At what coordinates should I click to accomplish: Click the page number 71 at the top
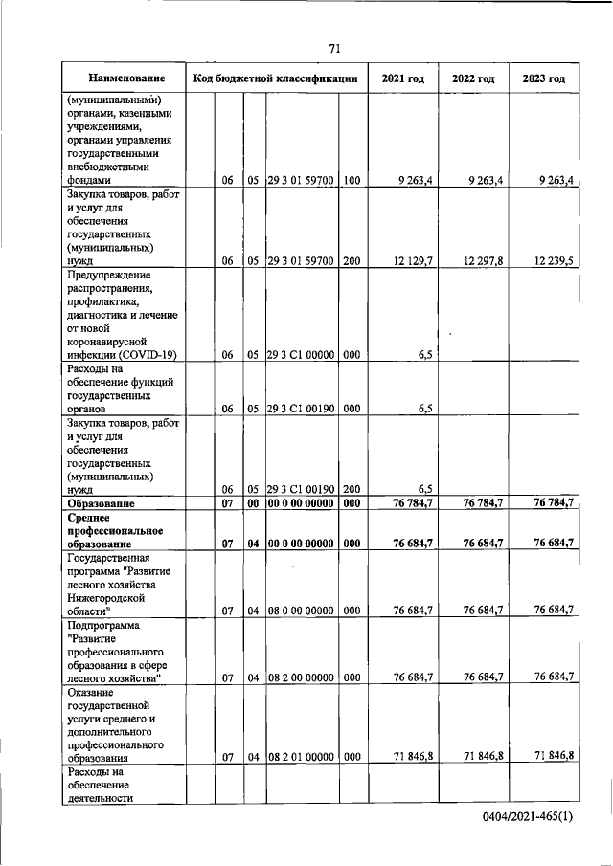[x=334, y=48]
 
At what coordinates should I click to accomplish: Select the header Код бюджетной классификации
[x=276, y=78]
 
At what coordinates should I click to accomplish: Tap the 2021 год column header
[x=402, y=78]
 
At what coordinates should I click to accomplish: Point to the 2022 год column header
[x=472, y=78]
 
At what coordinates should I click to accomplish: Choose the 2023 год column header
[x=543, y=78]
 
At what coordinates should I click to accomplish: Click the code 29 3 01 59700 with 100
[x=300, y=179]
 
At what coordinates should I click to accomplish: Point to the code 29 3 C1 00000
[x=300, y=354]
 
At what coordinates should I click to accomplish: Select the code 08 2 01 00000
[x=300, y=757]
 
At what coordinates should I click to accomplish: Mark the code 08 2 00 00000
[x=300, y=677]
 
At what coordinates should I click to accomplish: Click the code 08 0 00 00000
[x=300, y=610]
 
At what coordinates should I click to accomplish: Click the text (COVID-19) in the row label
[x=153, y=354]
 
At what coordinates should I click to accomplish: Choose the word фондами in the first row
[x=89, y=179]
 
